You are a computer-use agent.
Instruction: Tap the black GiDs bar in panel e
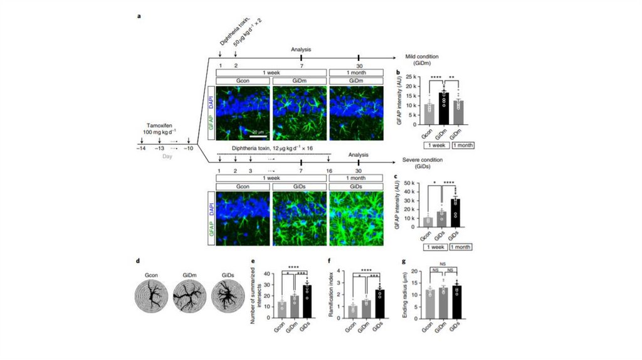point(308,300)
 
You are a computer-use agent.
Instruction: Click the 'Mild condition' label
point(420,56)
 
